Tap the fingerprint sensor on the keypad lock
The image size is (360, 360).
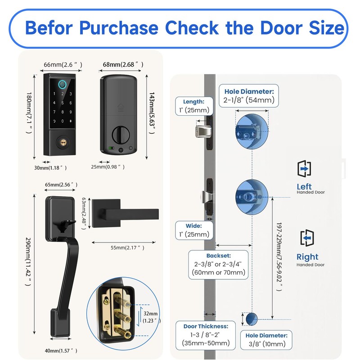click(x=63, y=84)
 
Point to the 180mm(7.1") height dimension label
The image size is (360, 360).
click(x=29, y=113)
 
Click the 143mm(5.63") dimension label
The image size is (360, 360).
click(x=152, y=113)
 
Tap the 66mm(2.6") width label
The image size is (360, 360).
click(x=63, y=65)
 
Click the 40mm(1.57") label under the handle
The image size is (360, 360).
click(x=61, y=351)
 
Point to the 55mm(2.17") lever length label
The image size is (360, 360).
click(x=127, y=248)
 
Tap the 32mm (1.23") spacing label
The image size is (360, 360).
click(x=152, y=317)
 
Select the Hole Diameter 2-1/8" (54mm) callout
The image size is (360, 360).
click(x=249, y=96)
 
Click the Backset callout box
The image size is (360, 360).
click(x=218, y=265)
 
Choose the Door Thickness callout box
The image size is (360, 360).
click(x=206, y=335)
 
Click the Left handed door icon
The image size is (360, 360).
click(x=304, y=168)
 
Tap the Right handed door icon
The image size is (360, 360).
click(x=307, y=238)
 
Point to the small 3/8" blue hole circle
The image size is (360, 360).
click(x=252, y=319)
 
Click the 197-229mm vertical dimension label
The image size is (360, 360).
click(x=279, y=256)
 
